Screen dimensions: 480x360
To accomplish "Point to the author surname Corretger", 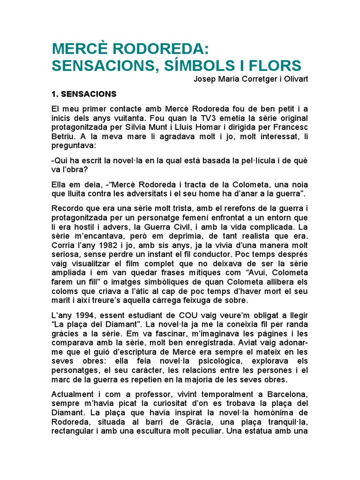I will pos(251,79).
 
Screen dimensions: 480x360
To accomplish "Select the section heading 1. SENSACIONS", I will pos(84,94).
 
